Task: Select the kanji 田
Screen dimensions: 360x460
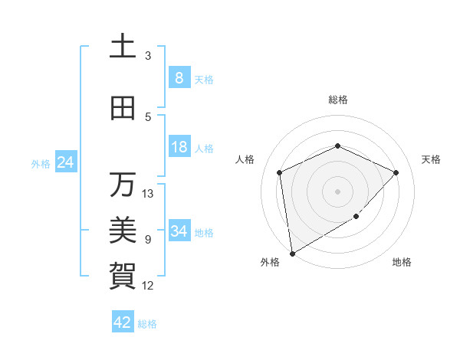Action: point(123,109)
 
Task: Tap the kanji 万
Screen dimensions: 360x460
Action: point(123,185)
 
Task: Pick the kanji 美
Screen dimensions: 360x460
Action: point(123,229)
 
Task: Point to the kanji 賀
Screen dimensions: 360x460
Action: point(123,273)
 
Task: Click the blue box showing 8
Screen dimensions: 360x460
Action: point(179,78)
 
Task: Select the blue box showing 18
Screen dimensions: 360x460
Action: point(179,147)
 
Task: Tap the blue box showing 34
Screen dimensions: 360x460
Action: point(179,231)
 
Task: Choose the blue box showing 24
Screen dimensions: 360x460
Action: point(65,162)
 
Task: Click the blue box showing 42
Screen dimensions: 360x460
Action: point(122,322)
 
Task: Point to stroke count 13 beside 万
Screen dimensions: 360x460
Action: point(149,193)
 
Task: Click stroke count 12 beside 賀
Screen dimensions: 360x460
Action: point(149,286)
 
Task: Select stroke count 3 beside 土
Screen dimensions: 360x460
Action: point(148,56)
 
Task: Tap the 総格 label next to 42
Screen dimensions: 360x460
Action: point(147,324)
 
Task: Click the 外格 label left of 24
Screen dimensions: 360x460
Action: point(40,164)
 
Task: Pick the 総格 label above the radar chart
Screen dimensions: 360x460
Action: point(337,100)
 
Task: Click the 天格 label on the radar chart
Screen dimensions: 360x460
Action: point(431,159)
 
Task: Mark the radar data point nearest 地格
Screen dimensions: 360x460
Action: point(356,217)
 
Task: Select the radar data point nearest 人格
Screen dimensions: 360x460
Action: point(280,172)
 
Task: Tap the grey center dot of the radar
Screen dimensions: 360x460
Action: point(337,191)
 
